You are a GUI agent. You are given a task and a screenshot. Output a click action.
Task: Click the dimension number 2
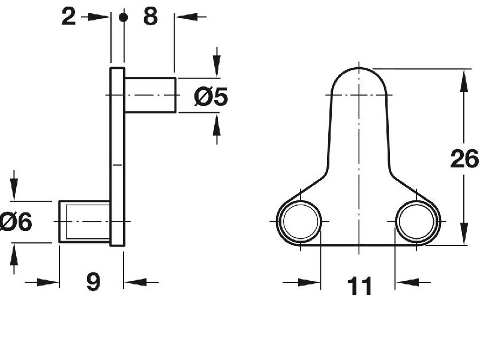69,17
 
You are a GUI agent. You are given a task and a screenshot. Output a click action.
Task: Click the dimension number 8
150,17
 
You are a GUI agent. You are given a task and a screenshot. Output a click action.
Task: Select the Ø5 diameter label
211,96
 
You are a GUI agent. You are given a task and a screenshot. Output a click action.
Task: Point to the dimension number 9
93,281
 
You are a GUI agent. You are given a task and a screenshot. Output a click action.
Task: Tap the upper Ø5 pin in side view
150,95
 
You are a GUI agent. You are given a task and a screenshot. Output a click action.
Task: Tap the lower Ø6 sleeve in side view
84,222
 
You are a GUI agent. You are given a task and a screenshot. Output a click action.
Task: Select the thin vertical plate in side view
117,156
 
